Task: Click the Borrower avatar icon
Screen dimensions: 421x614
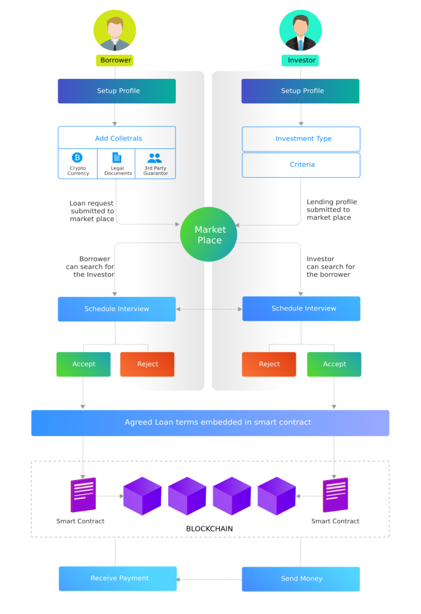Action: click(x=115, y=31)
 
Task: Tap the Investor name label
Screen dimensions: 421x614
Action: click(x=300, y=60)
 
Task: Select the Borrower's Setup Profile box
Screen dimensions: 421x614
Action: click(x=117, y=91)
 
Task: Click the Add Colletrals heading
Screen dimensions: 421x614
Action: click(x=118, y=139)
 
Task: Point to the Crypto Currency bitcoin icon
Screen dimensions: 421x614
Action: click(x=77, y=158)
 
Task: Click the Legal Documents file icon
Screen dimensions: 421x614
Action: click(x=117, y=158)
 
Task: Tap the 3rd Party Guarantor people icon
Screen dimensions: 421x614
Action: click(x=154, y=158)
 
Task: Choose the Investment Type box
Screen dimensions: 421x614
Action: click(x=301, y=139)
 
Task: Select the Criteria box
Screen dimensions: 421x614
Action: click(x=301, y=165)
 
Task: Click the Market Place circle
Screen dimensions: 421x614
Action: click(x=209, y=234)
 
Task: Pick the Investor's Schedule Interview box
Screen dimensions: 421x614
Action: click(x=301, y=309)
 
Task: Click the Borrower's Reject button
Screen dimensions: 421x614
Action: click(x=147, y=364)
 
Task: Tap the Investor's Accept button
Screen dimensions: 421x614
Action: click(x=334, y=364)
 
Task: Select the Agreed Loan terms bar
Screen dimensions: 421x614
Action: click(x=210, y=423)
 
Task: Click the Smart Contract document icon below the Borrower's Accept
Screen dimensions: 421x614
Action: click(x=83, y=495)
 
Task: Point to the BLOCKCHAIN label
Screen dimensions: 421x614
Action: click(x=209, y=529)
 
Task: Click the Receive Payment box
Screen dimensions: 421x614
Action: click(x=118, y=579)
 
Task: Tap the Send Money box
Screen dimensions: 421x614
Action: click(x=301, y=579)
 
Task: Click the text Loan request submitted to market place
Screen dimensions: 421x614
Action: click(x=92, y=211)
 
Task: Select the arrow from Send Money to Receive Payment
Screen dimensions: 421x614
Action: click(x=209, y=580)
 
